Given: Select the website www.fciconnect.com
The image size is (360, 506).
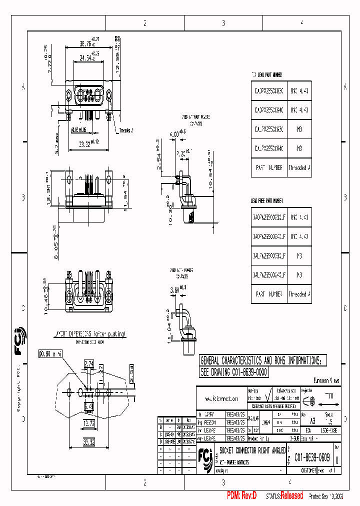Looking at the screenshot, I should [220, 398].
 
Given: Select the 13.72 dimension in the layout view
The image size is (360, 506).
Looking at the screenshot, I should [89, 423].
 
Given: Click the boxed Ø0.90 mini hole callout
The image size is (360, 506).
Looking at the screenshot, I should [50, 354].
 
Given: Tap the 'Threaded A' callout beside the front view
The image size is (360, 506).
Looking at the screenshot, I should [126, 130].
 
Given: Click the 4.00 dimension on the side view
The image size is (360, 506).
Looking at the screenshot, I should [175, 134].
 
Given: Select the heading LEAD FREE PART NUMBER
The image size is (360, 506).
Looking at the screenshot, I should [267, 200].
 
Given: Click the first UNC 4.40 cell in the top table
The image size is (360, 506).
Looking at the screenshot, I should [299, 91].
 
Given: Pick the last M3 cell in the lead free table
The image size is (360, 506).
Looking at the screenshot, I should [299, 274].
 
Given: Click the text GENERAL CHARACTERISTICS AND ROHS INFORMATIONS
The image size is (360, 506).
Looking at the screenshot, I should [260, 360].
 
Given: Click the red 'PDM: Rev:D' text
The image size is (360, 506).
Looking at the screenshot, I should [242, 495].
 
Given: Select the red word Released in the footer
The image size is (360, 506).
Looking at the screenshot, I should [291, 495].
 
